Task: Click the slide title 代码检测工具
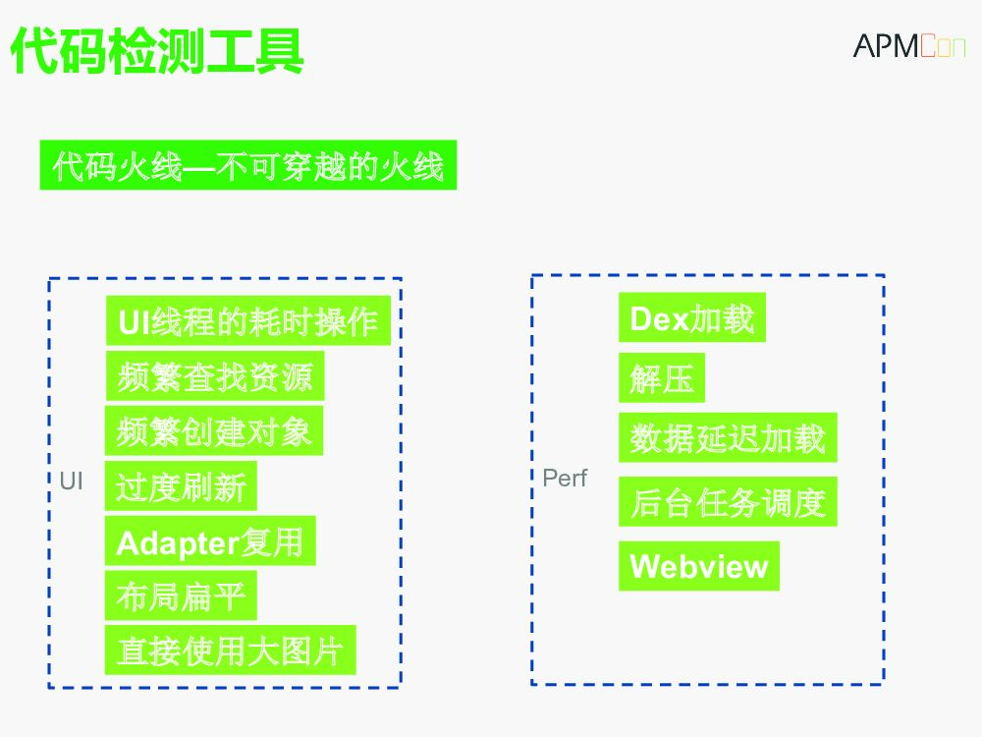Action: (x=157, y=50)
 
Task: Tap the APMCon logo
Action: (x=908, y=46)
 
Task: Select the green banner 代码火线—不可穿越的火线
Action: (x=247, y=166)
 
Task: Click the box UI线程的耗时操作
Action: (x=247, y=321)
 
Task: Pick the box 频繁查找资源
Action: (x=214, y=376)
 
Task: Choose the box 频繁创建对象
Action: (x=213, y=431)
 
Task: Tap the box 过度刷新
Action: (x=181, y=486)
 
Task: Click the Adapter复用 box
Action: (x=210, y=541)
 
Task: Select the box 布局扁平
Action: (x=181, y=595)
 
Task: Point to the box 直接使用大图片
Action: (x=230, y=651)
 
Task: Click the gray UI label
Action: (x=72, y=482)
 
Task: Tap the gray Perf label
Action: (x=565, y=479)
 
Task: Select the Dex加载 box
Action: (x=691, y=318)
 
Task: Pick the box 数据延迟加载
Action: (x=727, y=438)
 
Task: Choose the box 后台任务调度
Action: (x=727, y=502)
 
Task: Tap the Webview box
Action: (x=698, y=566)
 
